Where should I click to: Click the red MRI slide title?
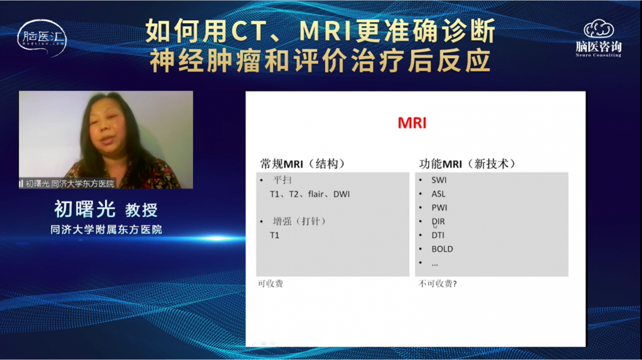[412, 123]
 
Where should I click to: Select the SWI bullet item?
[439, 180]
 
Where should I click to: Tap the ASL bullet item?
[438, 194]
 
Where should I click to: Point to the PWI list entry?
[439, 208]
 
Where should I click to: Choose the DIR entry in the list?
[438, 222]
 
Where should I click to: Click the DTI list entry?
[438, 235]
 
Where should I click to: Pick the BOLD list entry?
[442, 249]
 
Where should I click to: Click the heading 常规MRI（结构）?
[303, 164]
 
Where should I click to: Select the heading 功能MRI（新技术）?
[467, 164]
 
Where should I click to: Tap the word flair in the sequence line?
[316, 194]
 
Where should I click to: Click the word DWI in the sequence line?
[341, 194]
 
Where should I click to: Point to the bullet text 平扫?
[282, 180]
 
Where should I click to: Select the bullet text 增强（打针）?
[299, 222]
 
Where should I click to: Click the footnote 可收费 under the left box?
[270, 283]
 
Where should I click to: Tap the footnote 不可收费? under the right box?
[438, 283]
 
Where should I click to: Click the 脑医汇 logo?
[42, 37]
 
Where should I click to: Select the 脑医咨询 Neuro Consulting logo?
[599, 39]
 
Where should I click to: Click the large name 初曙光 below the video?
[85, 209]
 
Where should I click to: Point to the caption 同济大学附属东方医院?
[106, 229]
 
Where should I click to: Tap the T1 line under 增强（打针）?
[274, 235]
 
